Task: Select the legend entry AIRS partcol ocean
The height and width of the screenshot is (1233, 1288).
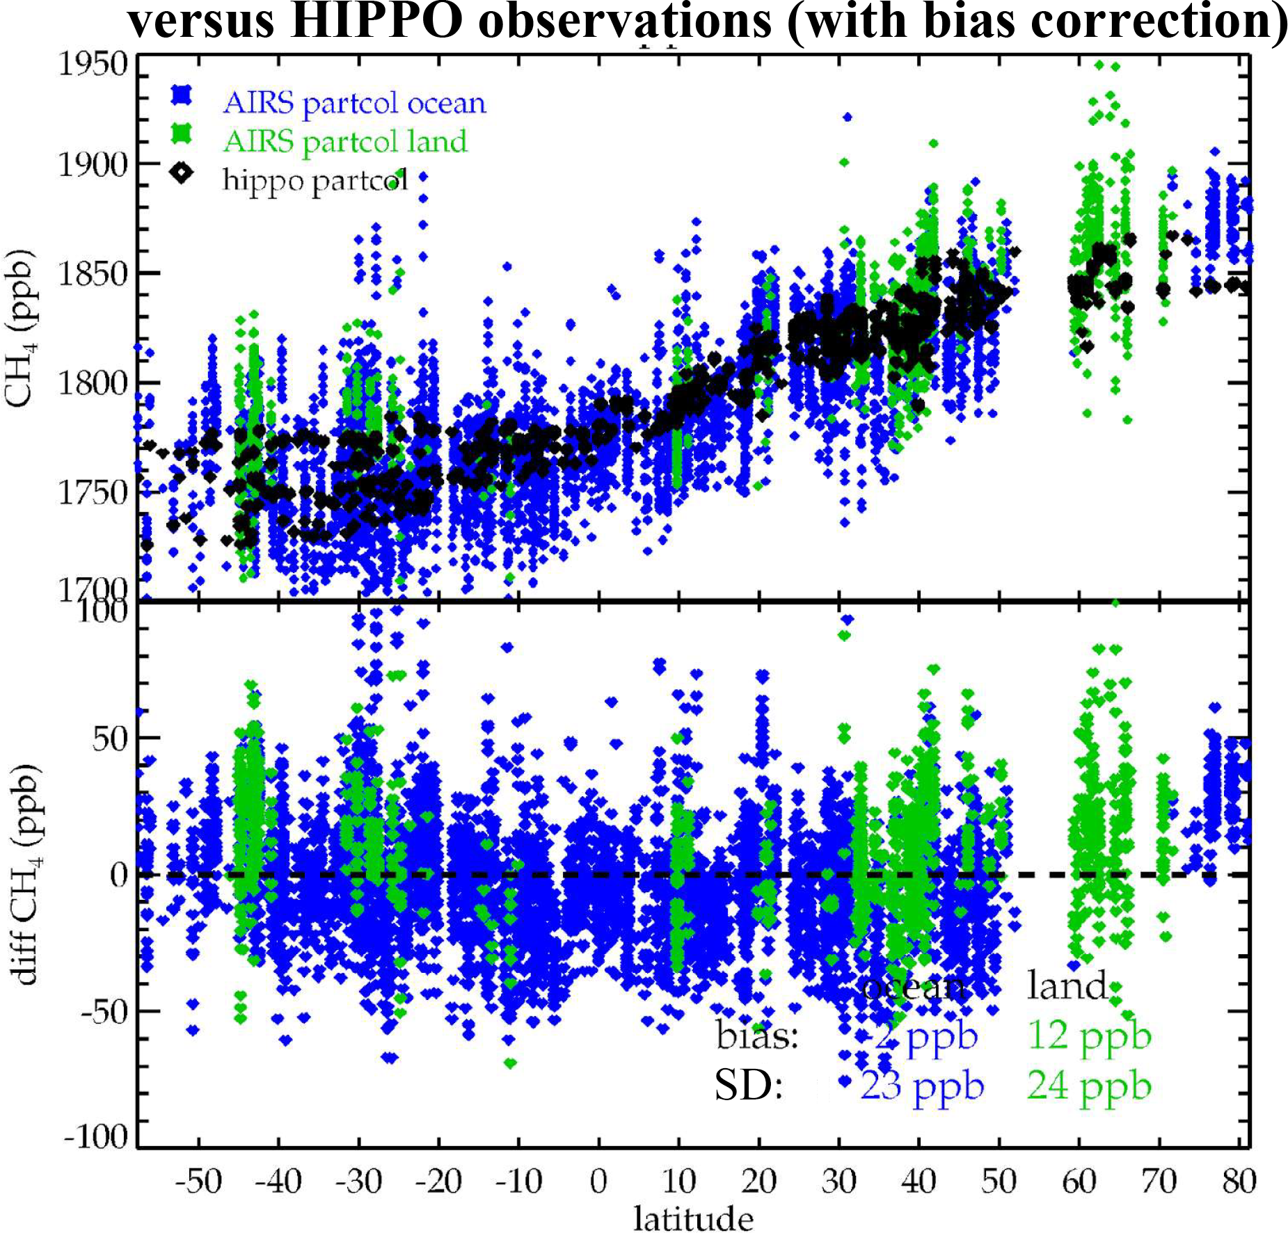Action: (x=353, y=104)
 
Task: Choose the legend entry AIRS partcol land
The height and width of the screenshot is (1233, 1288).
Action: (x=344, y=142)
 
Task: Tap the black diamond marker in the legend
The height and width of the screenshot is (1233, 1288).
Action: (x=182, y=172)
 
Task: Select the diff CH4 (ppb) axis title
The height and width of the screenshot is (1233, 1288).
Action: (x=26, y=875)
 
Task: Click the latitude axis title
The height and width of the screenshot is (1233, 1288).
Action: (x=693, y=1218)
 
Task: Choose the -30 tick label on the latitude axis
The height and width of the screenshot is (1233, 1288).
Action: (x=358, y=1181)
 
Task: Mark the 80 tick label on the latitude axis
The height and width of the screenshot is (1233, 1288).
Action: (x=1239, y=1181)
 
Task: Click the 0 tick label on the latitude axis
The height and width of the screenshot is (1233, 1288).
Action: (x=598, y=1181)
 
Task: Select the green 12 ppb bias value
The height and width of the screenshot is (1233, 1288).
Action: (x=1089, y=1037)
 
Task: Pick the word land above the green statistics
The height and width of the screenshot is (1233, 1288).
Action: (x=1067, y=986)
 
